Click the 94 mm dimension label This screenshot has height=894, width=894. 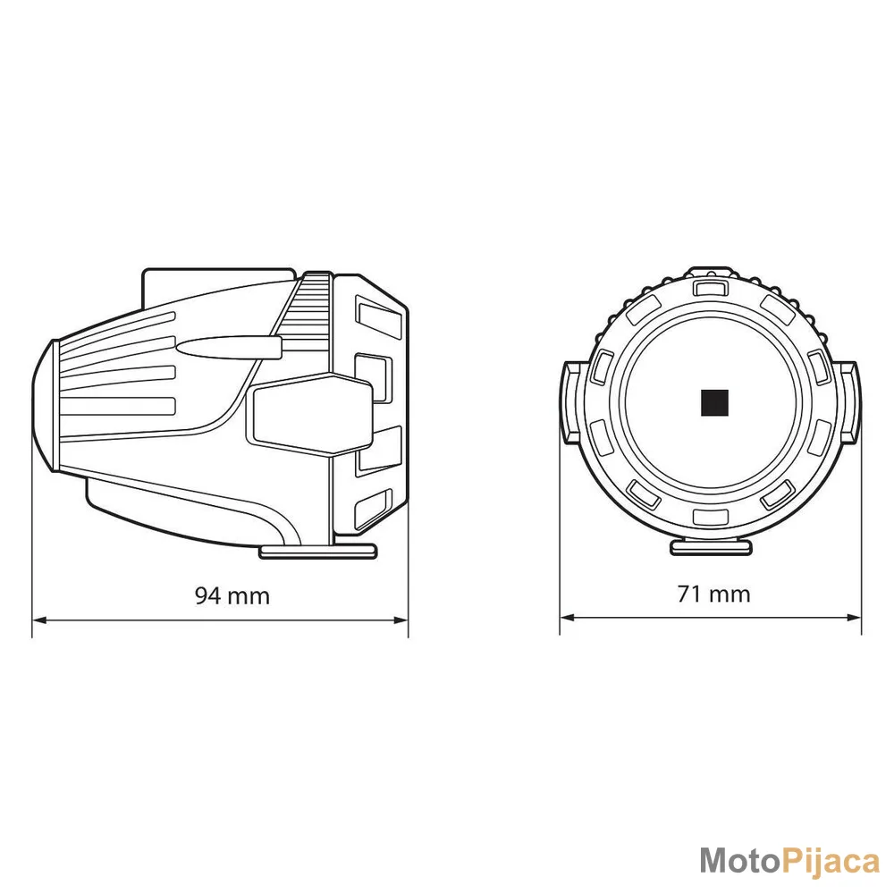point(232,595)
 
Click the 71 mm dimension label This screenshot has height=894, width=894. point(713,595)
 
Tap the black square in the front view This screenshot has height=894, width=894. point(714,403)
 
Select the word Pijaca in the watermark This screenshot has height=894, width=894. point(830,861)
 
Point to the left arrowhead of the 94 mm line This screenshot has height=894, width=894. point(40,620)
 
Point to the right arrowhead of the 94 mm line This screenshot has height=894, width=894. point(401,620)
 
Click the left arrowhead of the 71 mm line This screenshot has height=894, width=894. point(568,618)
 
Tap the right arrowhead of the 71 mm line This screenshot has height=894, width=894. point(854,618)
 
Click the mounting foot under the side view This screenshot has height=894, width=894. point(318,551)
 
